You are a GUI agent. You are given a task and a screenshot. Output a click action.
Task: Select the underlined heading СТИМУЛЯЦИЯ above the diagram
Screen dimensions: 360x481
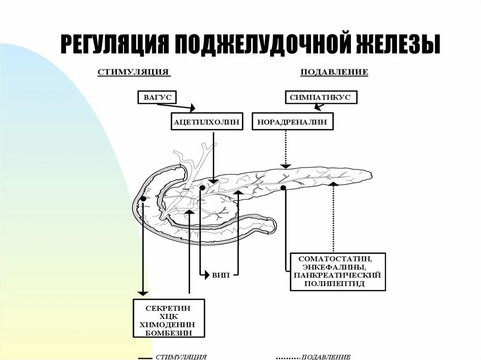[133, 72]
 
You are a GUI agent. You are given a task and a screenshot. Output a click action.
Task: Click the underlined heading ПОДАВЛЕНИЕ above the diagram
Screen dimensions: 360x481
[334, 72]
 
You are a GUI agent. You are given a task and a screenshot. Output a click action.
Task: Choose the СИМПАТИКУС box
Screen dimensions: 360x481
[321, 98]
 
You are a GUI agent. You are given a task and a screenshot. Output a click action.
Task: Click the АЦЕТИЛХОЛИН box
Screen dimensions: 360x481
[207, 122]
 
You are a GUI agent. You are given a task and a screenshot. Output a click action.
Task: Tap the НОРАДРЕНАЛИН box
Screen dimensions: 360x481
[293, 122]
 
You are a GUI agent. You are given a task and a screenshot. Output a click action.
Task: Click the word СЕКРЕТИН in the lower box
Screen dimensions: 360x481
[169, 308]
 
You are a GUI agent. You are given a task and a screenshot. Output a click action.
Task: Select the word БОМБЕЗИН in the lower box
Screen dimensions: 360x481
[169, 333]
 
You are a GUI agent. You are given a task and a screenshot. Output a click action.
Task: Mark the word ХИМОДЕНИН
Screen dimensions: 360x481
[168, 325]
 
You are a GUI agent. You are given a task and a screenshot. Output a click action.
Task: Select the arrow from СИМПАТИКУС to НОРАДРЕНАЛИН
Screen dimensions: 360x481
[319, 107]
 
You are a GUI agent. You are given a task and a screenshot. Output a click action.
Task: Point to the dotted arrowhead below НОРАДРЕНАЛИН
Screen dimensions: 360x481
[285, 166]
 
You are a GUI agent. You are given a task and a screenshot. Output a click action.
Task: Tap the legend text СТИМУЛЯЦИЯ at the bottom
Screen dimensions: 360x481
[181, 357]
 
